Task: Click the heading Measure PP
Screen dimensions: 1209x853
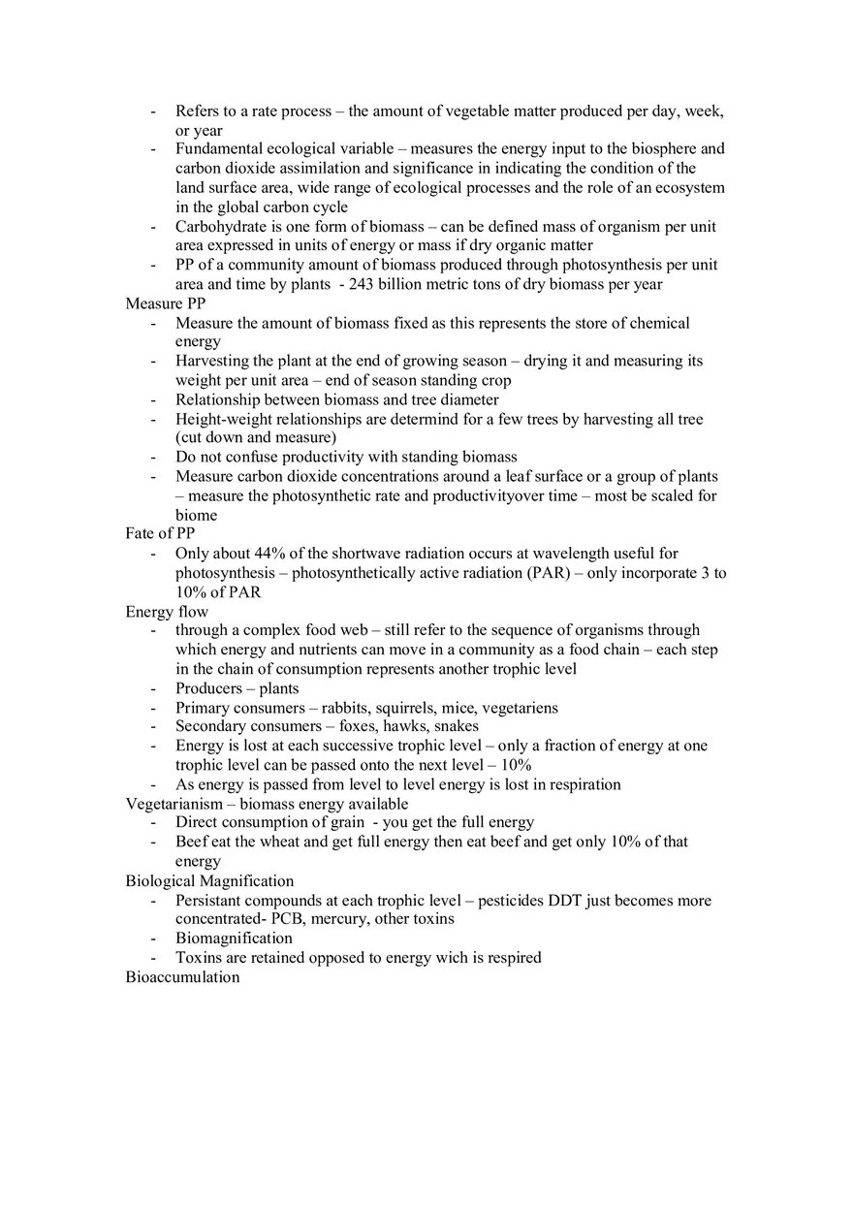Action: [165, 303]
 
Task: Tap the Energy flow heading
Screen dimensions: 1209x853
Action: [167, 612]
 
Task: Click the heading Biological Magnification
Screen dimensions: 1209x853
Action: [209, 881]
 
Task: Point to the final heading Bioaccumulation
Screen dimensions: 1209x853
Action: [182, 977]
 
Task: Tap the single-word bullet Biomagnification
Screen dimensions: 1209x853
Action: [234, 939]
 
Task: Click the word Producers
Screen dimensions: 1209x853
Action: [208, 688]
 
